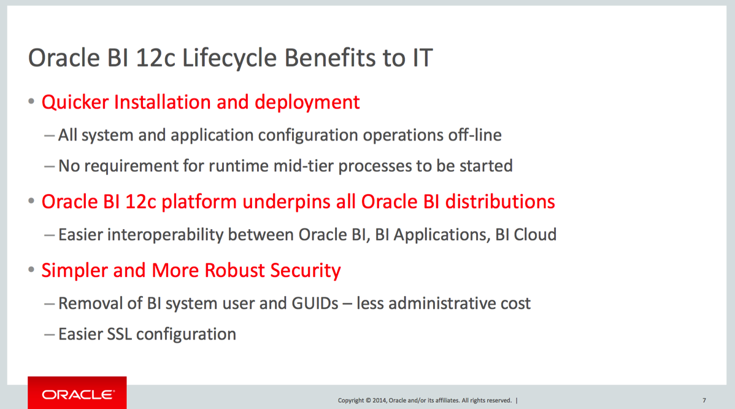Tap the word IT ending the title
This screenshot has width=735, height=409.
click(422, 58)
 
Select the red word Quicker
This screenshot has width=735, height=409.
click(75, 102)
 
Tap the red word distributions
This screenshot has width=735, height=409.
click(500, 201)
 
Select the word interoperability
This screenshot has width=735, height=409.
click(165, 235)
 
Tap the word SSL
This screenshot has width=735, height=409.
click(119, 335)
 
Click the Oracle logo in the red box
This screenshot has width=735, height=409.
click(78, 394)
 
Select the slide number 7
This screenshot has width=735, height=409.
click(704, 400)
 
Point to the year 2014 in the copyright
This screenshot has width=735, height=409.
click(379, 400)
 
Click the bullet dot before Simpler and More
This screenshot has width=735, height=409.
click(31, 270)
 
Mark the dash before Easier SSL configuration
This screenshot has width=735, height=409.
click(49, 335)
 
